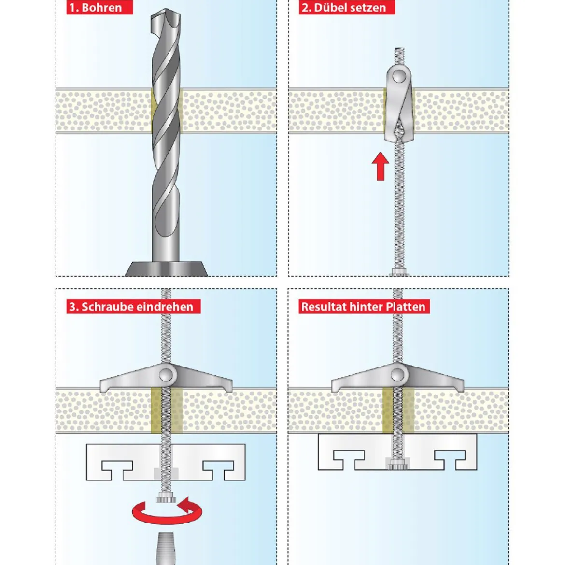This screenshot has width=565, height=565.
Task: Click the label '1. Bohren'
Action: point(99,8)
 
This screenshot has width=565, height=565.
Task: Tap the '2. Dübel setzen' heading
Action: point(347,8)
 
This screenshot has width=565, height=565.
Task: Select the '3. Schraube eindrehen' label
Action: point(133,307)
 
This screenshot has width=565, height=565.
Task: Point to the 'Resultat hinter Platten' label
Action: point(364,307)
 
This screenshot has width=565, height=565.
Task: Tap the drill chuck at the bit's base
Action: point(167,269)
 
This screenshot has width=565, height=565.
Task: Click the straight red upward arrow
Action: point(381,166)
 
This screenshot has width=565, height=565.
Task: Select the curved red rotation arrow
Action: point(167,511)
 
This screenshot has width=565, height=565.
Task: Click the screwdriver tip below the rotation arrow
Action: point(165,549)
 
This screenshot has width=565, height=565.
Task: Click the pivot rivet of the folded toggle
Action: point(398,76)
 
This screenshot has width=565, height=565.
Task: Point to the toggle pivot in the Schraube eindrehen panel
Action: point(166,375)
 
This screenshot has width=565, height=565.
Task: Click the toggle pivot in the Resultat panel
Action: point(398,375)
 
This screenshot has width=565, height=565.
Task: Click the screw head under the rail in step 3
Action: point(166,499)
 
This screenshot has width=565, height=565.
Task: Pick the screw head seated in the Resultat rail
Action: point(398,466)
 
